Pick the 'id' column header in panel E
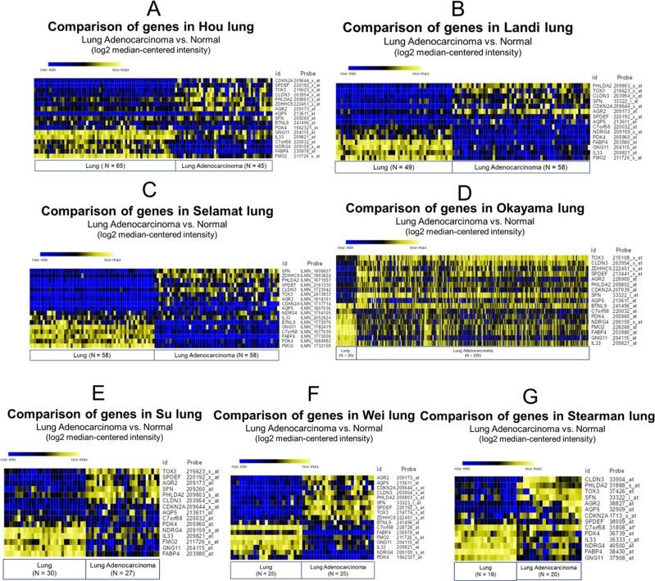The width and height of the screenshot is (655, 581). tap(165, 462)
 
